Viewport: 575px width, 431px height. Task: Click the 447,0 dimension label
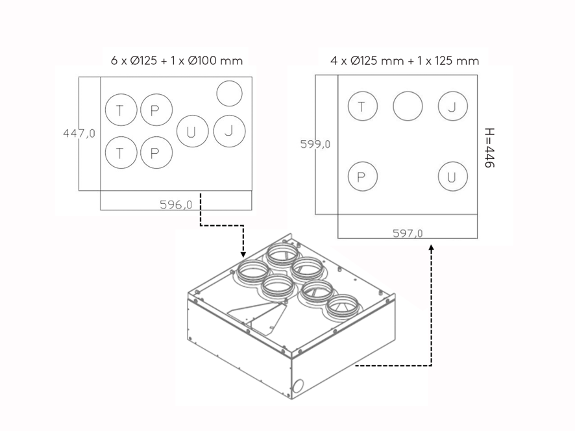point(79,133)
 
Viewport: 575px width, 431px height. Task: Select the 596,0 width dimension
point(176,204)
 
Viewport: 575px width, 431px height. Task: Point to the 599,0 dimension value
point(315,144)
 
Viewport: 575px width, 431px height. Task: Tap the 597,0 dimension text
point(408,233)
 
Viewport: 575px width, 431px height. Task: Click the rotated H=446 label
point(489,148)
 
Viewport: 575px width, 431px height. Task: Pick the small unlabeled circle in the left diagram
point(229,93)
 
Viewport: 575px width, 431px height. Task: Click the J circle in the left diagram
point(229,131)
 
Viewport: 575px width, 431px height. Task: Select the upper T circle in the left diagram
point(121,110)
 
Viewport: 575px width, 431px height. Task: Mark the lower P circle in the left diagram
point(156,153)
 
